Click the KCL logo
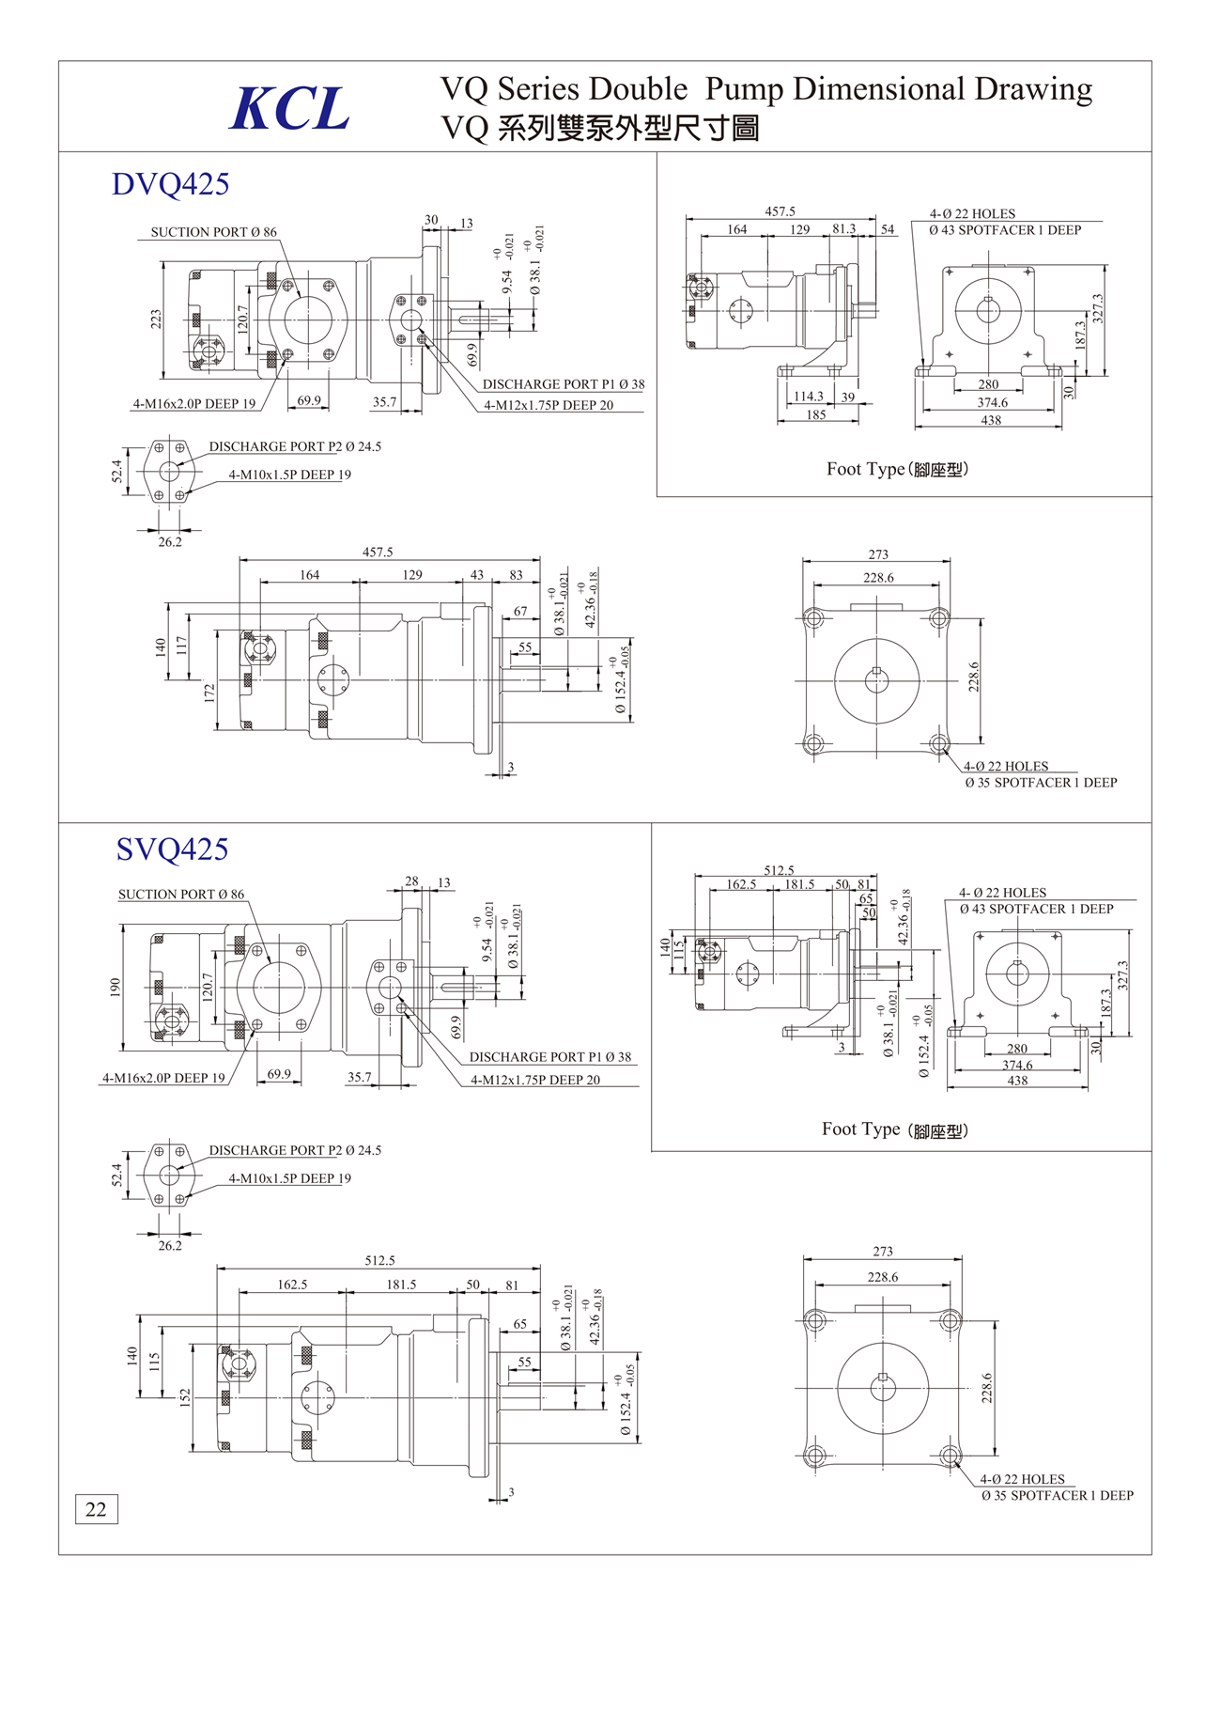(x=289, y=109)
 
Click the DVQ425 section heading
(x=170, y=184)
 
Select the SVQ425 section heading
(x=172, y=849)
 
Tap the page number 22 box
(x=96, y=1509)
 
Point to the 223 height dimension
(x=156, y=319)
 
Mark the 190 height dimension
(x=115, y=987)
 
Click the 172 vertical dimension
(x=209, y=693)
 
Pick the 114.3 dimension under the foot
(x=808, y=397)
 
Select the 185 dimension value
(x=815, y=414)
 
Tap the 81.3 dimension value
(x=843, y=229)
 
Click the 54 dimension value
(x=888, y=229)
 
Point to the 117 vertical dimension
(x=181, y=646)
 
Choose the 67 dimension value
(x=519, y=612)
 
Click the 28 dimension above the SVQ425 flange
(x=411, y=881)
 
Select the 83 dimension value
(x=516, y=575)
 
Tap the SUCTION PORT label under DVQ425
(x=213, y=232)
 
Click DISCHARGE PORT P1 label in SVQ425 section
(x=549, y=1057)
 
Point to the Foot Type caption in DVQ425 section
(x=896, y=469)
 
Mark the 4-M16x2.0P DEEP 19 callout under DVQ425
(x=193, y=404)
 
